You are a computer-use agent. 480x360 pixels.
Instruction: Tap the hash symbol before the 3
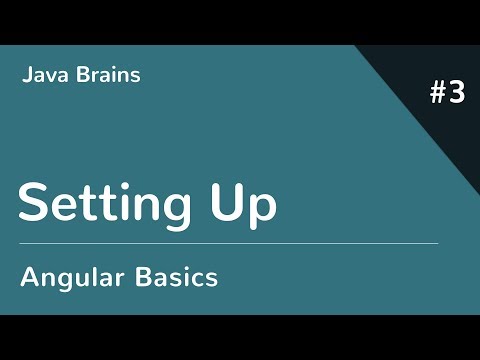click(439, 93)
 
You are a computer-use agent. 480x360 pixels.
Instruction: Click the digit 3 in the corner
click(457, 93)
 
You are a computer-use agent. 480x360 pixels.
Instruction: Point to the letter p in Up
click(262, 210)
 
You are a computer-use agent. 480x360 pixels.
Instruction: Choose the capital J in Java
click(25, 75)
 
